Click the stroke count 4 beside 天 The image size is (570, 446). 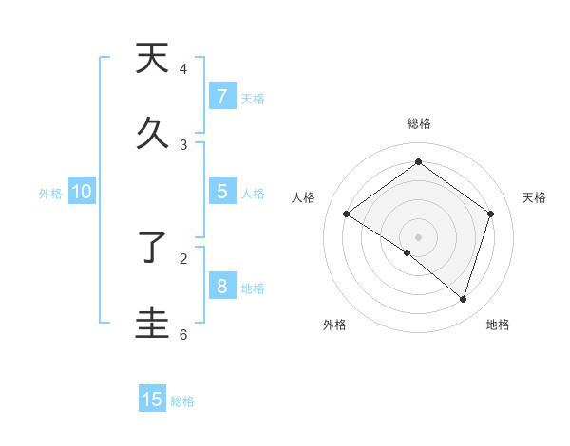(183, 69)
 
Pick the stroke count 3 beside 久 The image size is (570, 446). (183, 144)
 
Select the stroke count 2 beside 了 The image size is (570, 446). (183, 257)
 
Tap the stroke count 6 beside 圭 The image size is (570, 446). (183, 334)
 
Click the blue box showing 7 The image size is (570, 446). (221, 97)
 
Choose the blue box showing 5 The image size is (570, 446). (221, 192)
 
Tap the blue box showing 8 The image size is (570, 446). (221, 287)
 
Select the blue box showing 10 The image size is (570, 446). (82, 192)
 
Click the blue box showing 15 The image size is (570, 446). (152, 400)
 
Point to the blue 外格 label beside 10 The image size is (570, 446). (50, 194)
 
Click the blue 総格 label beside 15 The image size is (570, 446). (182, 401)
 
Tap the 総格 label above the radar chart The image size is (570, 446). (418, 123)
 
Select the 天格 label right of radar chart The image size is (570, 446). (534, 197)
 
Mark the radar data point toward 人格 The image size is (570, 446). (347, 214)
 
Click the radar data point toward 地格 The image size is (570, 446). (463, 299)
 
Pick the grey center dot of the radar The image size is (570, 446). (418, 236)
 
